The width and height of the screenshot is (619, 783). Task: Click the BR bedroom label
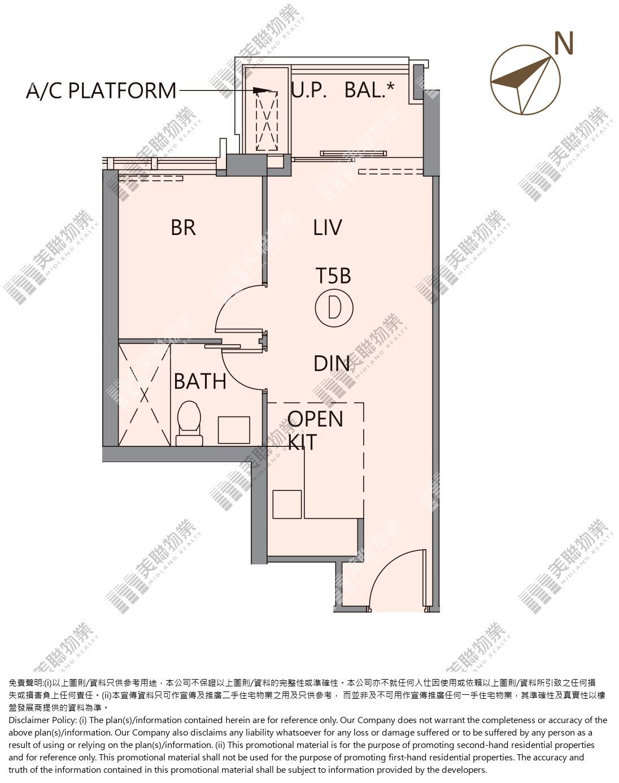pos(184,228)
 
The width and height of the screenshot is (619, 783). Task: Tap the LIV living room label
pos(328,228)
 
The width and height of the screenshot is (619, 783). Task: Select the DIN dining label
pos(332,363)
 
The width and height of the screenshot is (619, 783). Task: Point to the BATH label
pos(200,381)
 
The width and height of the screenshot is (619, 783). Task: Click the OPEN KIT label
pos(315,430)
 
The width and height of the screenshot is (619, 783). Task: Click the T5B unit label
pos(333,276)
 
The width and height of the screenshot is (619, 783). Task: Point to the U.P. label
pos(309,90)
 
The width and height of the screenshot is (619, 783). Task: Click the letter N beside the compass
pos(564,43)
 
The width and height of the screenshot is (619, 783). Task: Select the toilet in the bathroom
pos(189,423)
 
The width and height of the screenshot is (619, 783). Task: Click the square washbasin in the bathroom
pos(234,430)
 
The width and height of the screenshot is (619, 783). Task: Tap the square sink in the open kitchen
pos(287,504)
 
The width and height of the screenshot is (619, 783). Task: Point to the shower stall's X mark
pos(145,395)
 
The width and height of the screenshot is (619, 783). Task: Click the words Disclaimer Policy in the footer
pos(42,720)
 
